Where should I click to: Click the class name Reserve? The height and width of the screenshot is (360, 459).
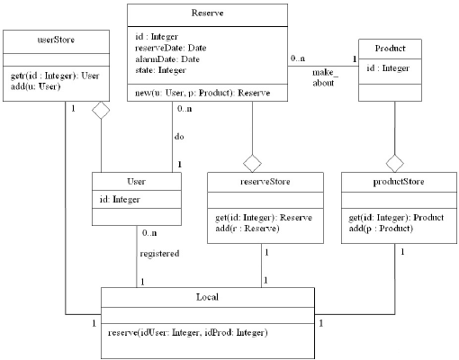[x=208, y=14]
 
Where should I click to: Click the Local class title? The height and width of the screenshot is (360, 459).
[x=207, y=296]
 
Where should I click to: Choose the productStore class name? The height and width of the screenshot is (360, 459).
[x=391, y=182]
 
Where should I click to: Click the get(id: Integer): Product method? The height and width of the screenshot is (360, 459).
[x=392, y=219]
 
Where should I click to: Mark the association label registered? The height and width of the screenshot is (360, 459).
[x=159, y=254]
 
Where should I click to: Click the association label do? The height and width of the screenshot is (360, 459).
[x=179, y=138]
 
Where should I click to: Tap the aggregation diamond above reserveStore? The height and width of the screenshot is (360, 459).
[x=252, y=163]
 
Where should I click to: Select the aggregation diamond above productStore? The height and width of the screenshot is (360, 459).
[x=391, y=163]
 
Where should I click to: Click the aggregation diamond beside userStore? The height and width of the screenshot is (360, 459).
[x=101, y=110]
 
